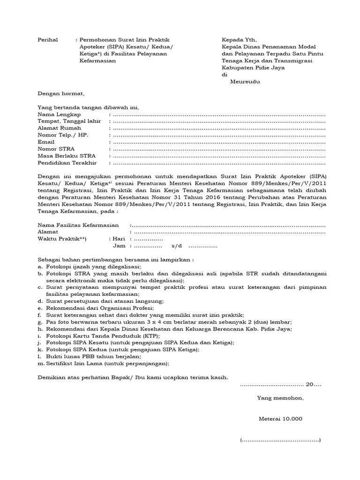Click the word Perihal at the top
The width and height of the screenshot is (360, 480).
click(48, 40)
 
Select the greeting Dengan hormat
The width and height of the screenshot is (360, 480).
click(60, 94)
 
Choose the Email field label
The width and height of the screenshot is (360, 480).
click(46, 142)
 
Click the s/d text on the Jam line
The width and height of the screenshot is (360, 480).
click(178, 246)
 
